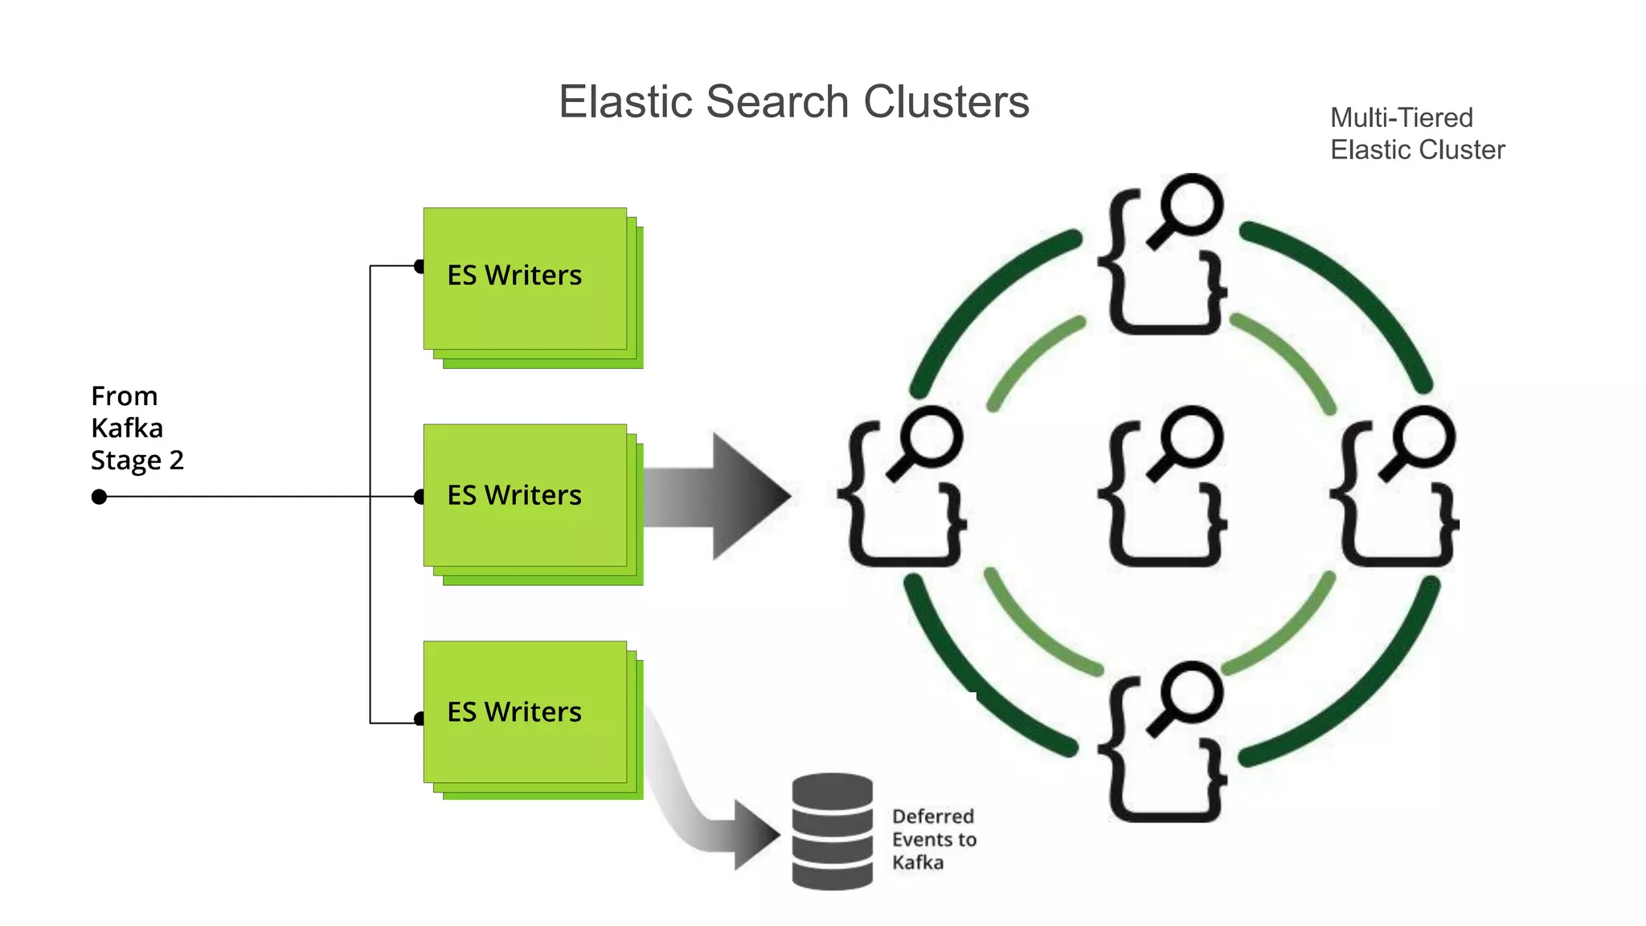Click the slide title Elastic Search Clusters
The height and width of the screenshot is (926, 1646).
pyautogui.click(x=793, y=102)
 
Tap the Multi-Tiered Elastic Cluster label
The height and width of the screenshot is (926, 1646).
pyautogui.click(x=1416, y=133)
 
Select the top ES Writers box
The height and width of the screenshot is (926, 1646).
pyautogui.click(x=526, y=279)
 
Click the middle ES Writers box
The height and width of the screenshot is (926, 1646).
pyautogui.click(x=526, y=496)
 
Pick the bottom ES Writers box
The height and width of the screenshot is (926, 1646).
pyautogui.click(x=526, y=712)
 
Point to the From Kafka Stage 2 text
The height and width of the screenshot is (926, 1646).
pyautogui.click(x=137, y=428)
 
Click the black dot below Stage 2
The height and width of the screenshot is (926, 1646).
pyautogui.click(x=99, y=497)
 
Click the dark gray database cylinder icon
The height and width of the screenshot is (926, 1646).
pyautogui.click(x=832, y=831)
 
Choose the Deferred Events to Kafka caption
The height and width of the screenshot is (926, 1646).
pyautogui.click(x=933, y=839)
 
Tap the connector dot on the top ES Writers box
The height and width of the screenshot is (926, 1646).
pyautogui.click(x=419, y=266)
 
